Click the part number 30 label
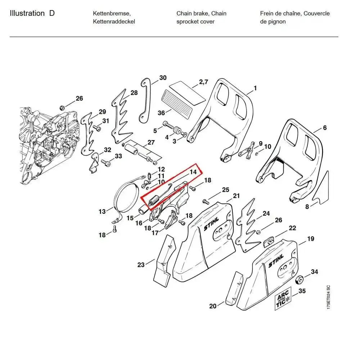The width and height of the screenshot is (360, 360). (x=163, y=78)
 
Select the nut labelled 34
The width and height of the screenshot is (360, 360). (x=298, y=280)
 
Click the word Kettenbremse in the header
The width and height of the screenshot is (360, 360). (x=112, y=14)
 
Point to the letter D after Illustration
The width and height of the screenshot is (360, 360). (x=52, y=14)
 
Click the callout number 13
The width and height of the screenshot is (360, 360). (x=102, y=211)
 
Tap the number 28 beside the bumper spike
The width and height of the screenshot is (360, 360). (x=134, y=93)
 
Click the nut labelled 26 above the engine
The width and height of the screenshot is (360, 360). (x=62, y=107)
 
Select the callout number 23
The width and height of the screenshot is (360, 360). (x=141, y=265)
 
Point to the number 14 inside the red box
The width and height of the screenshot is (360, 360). (x=193, y=172)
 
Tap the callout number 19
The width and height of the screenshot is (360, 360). (x=310, y=239)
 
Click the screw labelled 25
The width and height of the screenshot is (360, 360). (x=206, y=201)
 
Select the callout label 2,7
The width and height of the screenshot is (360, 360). (x=204, y=82)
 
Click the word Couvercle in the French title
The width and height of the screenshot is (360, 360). (x=316, y=14)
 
